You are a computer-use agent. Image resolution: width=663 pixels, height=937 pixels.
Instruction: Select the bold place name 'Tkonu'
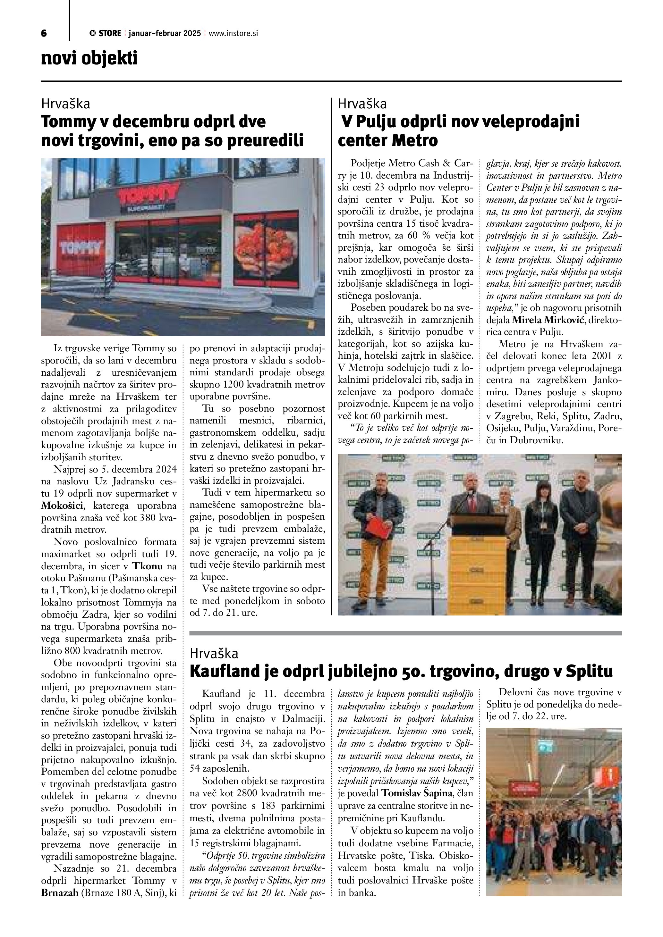tap(149, 566)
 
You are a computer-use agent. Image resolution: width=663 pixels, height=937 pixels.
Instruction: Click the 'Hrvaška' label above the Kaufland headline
tap(214, 653)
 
